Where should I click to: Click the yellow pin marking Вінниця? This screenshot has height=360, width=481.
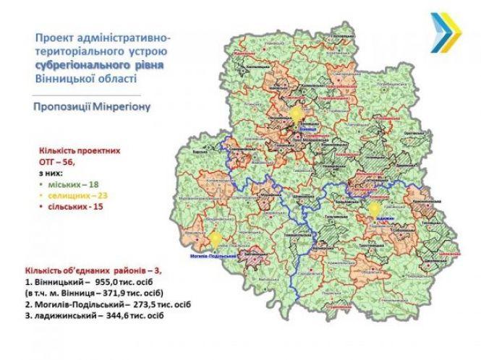[x=297, y=116]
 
